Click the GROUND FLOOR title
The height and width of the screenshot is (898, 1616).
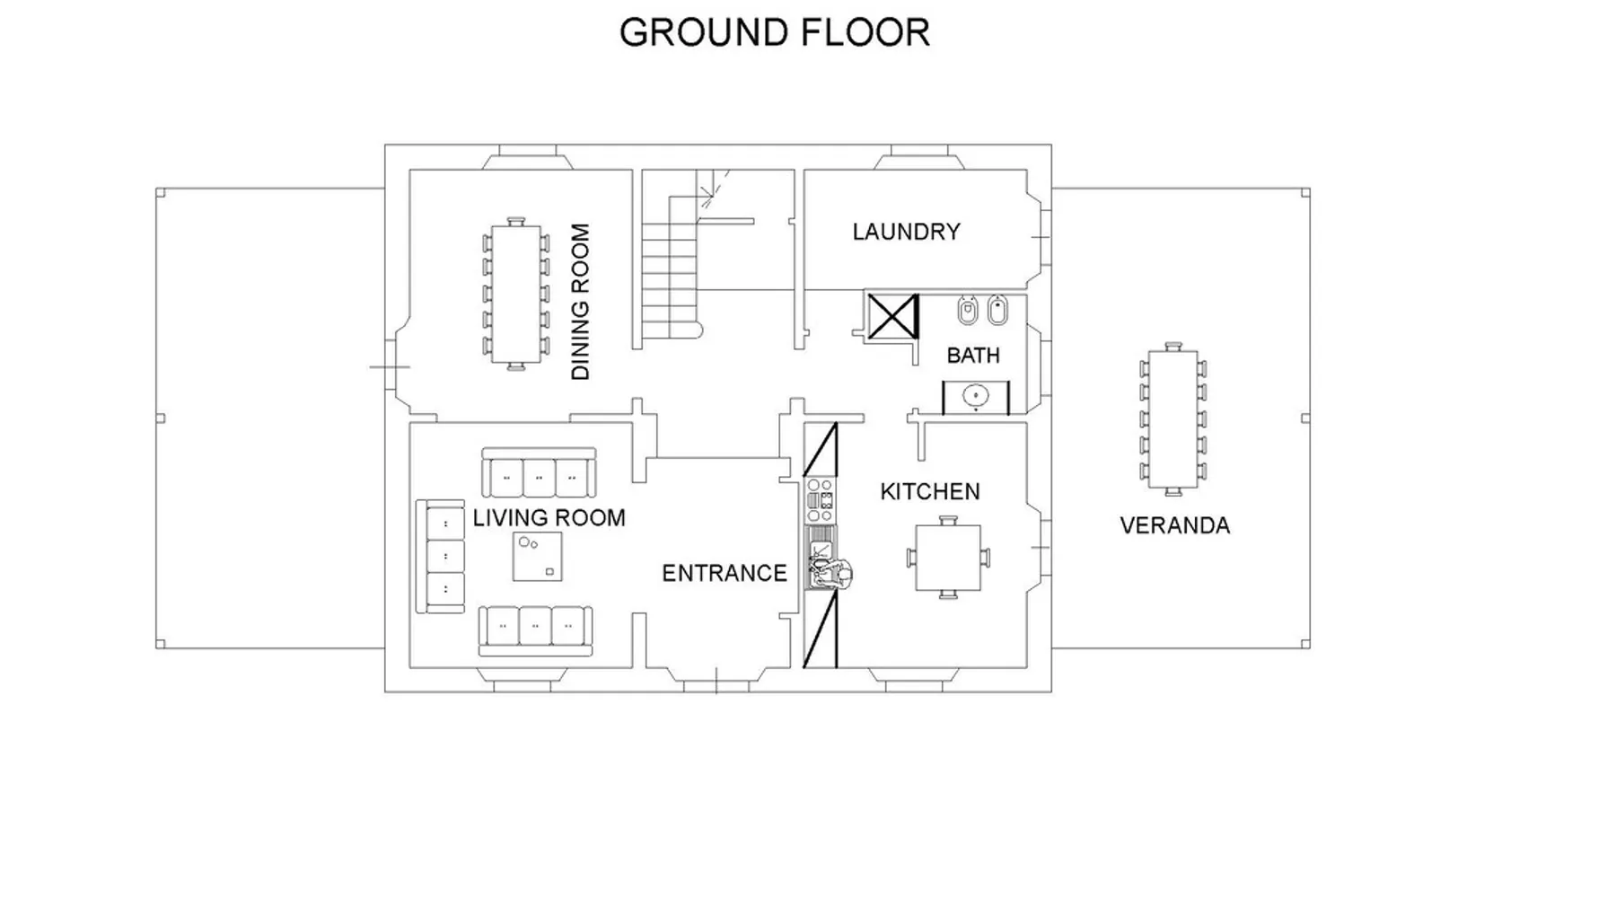point(775,32)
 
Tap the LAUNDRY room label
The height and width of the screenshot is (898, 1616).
point(906,232)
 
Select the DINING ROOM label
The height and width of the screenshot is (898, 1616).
point(581,302)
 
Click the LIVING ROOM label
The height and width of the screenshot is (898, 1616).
point(549,518)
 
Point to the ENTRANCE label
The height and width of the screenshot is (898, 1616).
point(724,573)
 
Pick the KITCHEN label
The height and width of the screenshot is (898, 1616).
point(929,491)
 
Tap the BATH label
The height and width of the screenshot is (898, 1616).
point(973,356)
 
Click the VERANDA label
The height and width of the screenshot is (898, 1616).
point(1174,525)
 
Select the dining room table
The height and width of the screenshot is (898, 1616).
point(515,294)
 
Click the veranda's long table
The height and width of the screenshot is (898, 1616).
point(1172,418)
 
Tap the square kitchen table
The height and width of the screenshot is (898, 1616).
point(947,557)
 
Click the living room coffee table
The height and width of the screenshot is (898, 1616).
point(537,557)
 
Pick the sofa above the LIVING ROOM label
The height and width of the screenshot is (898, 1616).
point(539,472)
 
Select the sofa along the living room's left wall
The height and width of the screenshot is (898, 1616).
point(440,557)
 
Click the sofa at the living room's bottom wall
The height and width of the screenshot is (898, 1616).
point(535,630)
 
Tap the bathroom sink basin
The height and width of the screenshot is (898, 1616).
point(975,395)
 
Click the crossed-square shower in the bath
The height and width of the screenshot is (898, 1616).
point(892,316)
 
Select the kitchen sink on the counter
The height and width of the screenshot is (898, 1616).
point(821,558)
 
